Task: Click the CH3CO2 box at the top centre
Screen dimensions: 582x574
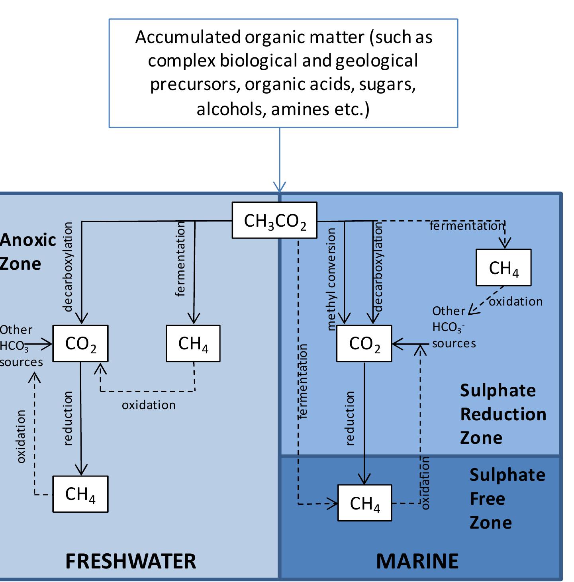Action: tap(274, 220)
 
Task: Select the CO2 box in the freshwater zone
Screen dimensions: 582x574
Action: tap(80, 343)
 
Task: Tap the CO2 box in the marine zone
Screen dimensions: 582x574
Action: tap(364, 343)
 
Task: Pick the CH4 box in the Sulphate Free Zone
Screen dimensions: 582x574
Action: tap(364, 503)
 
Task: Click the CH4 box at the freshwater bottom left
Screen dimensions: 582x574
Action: tap(80, 494)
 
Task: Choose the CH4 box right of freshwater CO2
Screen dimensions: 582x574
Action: tap(193, 343)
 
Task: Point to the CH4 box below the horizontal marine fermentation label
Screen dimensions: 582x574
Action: tap(503, 268)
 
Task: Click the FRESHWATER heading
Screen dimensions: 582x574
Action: tap(131, 561)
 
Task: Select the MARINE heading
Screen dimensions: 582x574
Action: tap(417, 561)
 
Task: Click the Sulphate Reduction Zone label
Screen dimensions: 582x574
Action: tap(503, 414)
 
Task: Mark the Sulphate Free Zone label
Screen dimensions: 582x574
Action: tap(507, 499)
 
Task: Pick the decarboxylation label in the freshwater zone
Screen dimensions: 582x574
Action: tap(68, 267)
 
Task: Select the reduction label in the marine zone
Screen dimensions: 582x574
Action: tap(350, 418)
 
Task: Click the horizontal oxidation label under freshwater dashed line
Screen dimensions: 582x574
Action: tap(149, 405)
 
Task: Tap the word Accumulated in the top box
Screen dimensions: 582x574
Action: tap(188, 37)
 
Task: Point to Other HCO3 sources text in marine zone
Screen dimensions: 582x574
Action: tap(453, 327)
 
